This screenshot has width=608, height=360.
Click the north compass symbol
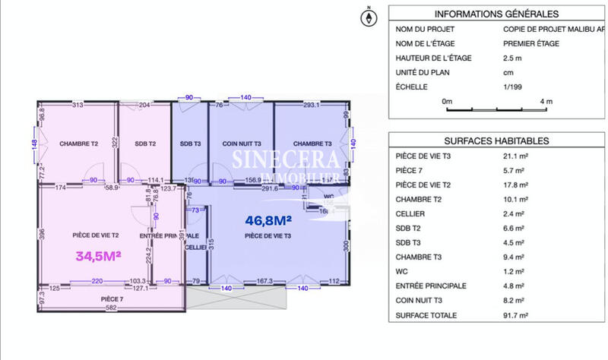click(x=369, y=17)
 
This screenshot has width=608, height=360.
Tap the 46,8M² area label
click(x=269, y=221)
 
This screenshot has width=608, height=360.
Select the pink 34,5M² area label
click(x=99, y=257)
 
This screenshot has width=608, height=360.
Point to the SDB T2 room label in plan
click(x=145, y=144)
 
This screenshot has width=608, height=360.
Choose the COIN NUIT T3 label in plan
click(x=242, y=144)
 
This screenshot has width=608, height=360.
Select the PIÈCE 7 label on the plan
click(x=112, y=299)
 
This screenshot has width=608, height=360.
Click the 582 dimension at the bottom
click(x=110, y=308)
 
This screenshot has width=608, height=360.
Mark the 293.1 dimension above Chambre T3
click(x=311, y=106)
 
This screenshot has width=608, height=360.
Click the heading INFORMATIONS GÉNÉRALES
click(x=496, y=14)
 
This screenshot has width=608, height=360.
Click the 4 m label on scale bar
click(x=545, y=101)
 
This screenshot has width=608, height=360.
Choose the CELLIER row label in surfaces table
click(x=410, y=213)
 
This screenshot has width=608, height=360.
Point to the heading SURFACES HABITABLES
click(x=496, y=141)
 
